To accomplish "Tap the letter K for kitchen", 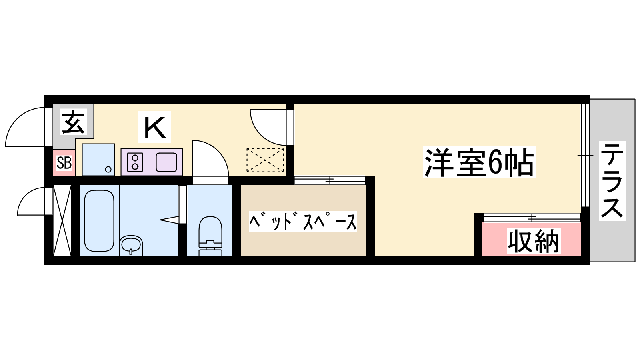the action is pyautogui.click(x=154, y=127).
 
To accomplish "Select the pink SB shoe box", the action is pyautogui.click(x=64, y=163).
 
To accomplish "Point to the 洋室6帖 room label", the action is pyautogui.click(x=479, y=163).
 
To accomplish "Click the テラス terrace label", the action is pyautogui.click(x=612, y=180).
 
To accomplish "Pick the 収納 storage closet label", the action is pyautogui.click(x=533, y=241).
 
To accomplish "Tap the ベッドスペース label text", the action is pyautogui.click(x=303, y=221).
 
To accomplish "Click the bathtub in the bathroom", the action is pyautogui.click(x=99, y=220).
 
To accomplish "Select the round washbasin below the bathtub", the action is pyautogui.click(x=131, y=244).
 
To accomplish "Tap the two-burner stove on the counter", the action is pyautogui.click(x=135, y=162).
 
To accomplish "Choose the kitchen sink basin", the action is pyautogui.click(x=166, y=162).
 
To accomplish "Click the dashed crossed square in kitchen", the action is pyautogui.click(x=265, y=160).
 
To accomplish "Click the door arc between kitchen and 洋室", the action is pyautogui.click(x=268, y=127).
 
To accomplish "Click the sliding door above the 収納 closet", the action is pyautogui.click(x=532, y=218).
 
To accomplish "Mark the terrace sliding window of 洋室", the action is pyautogui.click(x=585, y=155).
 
